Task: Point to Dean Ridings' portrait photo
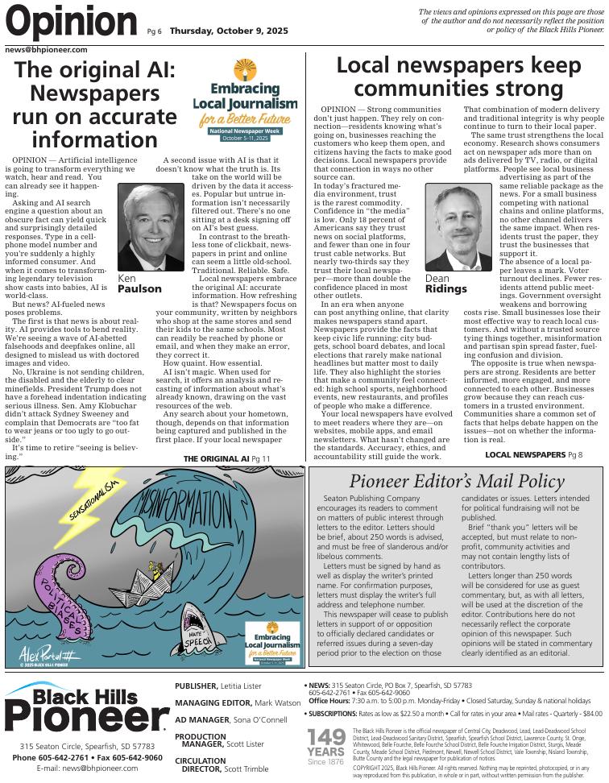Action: (x=458, y=227)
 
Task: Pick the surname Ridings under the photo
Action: (x=445, y=289)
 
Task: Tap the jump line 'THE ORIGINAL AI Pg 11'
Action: (x=226, y=459)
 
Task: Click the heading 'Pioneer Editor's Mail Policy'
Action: (x=456, y=482)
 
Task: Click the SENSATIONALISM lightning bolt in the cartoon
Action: (x=89, y=499)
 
